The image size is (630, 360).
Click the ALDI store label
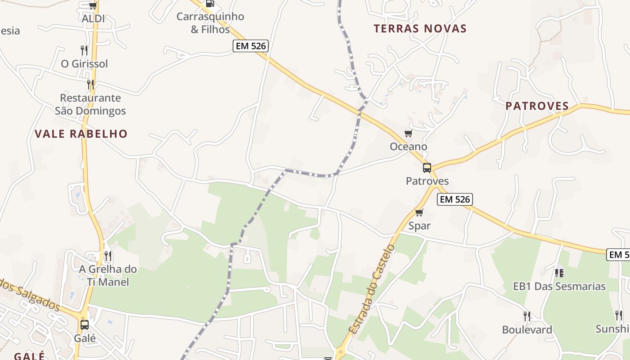[x=93, y=18]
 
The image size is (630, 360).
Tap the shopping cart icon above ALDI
[x=93, y=5]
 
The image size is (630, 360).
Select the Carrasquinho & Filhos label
[x=210, y=23]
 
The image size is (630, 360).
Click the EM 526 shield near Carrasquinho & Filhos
[x=251, y=46]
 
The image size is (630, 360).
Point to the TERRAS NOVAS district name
[x=420, y=29]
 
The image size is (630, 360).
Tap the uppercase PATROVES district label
[x=537, y=106]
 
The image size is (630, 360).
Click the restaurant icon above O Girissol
[x=84, y=50]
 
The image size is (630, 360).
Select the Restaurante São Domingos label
[x=90, y=104]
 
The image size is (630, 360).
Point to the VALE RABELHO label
[x=81, y=134]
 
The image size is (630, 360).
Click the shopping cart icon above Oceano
[x=408, y=133]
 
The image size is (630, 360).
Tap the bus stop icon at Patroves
[x=427, y=168]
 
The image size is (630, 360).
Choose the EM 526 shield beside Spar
[x=454, y=199]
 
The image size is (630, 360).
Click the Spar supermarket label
[x=419, y=226]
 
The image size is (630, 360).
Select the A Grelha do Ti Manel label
[x=108, y=275]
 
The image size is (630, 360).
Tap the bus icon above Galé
[x=84, y=324]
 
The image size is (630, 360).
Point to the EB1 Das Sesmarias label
[x=559, y=286]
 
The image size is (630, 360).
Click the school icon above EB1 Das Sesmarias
[x=559, y=273]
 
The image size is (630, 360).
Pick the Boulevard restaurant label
[x=527, y=330]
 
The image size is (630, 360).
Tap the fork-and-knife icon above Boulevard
[x=527, y=316]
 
